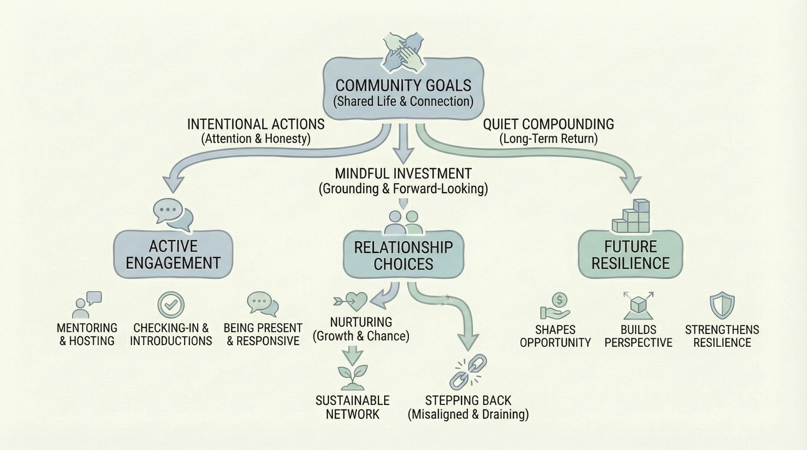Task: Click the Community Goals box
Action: (403, 92)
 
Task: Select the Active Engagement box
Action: (173, 254)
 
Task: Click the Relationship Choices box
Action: (403, 256)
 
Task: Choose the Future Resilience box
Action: (630, 254)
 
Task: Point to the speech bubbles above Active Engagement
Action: (173, 214)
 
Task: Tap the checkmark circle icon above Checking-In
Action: (171, 306)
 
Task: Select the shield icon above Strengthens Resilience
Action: (722, 306)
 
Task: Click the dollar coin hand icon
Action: (554, 306)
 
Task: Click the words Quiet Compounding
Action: (549, 124)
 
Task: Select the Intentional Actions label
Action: (256, 124)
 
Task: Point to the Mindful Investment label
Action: (403, 174)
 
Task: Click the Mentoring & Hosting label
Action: (87, 334)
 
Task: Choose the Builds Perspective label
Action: (638, 336)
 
